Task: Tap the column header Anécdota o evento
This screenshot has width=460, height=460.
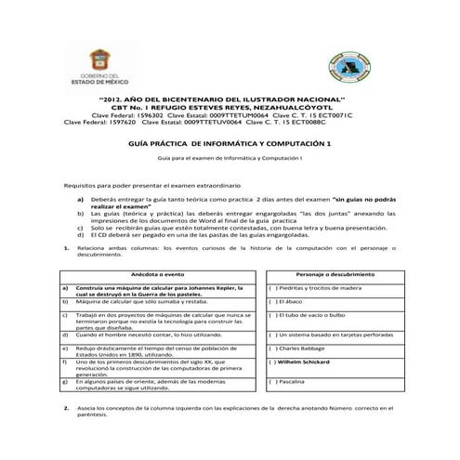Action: point(156,276)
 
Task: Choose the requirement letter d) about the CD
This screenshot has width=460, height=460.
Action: point(81,236)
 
